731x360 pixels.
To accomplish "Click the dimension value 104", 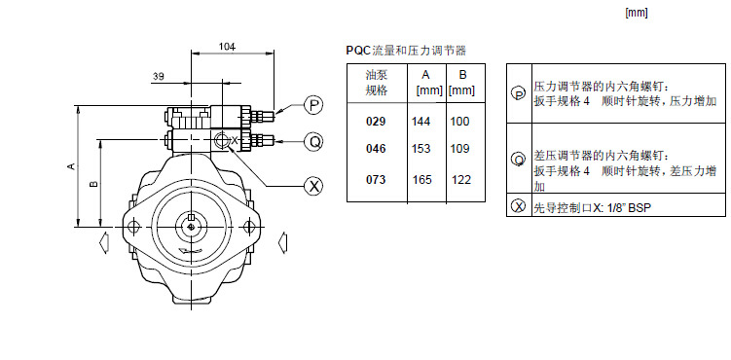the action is pyautogui.click(x=228, y=47).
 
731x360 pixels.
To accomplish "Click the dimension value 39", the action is pyautogui.click(x=158, y=76).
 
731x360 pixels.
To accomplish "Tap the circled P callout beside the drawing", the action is pyautogui.click(x=313, y=105).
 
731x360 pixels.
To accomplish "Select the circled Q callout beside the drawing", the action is pyautogui.click(x=313, y=141).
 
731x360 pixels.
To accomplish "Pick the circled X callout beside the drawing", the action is pyautogui.click(x=313, y=186).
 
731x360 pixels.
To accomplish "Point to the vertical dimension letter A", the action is pyautogui.click(x=71, y=165).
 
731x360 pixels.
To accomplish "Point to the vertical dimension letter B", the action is pyautogui.click(x=94, y=184).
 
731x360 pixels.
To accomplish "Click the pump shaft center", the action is pyautogui.click(x=191, y=227).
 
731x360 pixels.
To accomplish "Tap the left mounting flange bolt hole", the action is pyautogui.click(x=133, y=227).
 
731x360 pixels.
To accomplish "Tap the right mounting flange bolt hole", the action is pyautogui.click(x=249, y=227).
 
